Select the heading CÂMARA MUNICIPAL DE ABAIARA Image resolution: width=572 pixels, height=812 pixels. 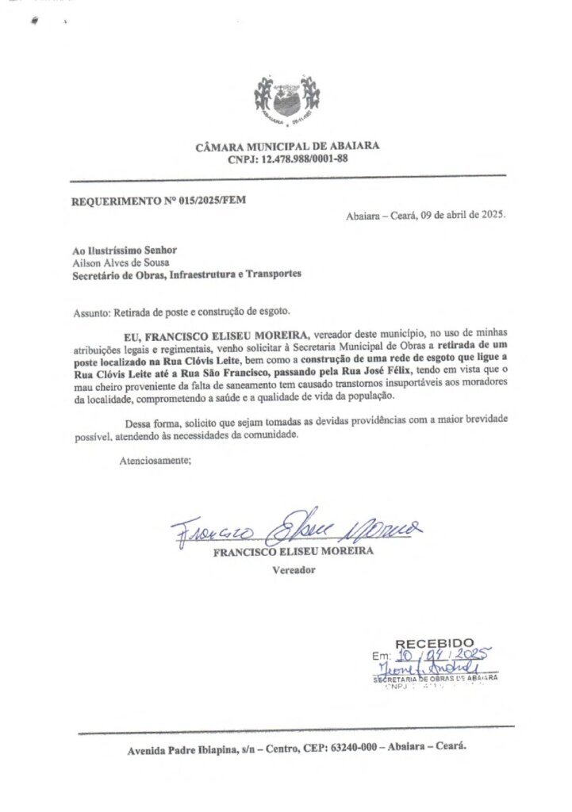(286, 146)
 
